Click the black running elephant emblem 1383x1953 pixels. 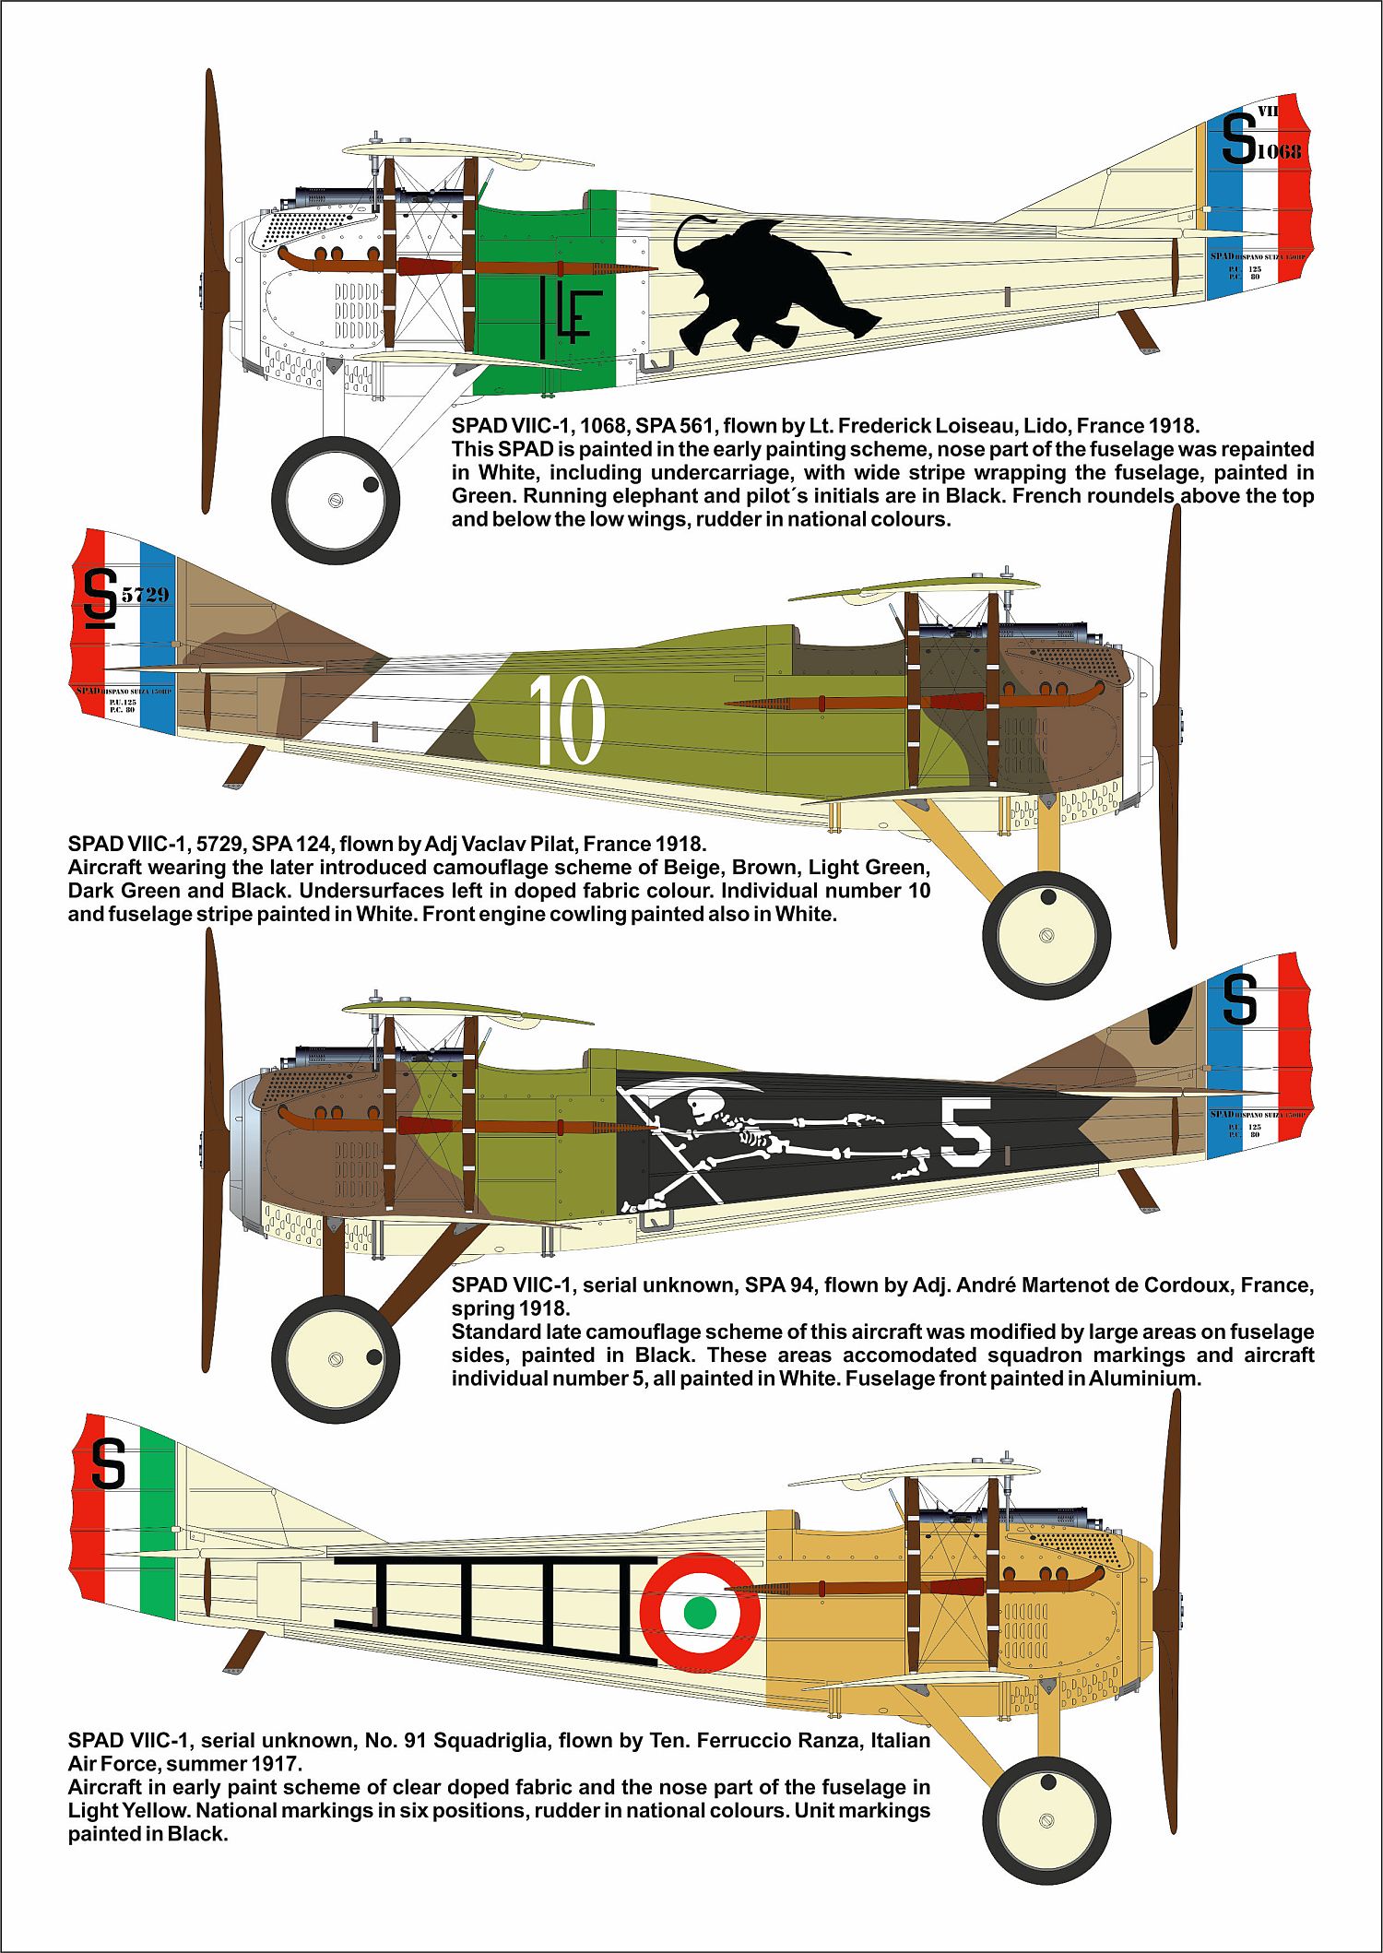(x=774, y=286)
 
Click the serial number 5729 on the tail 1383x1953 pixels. (x=146, y=595)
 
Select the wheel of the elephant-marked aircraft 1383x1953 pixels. (x=337, y=499)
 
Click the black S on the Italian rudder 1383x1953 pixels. (x=108, y=1464)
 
